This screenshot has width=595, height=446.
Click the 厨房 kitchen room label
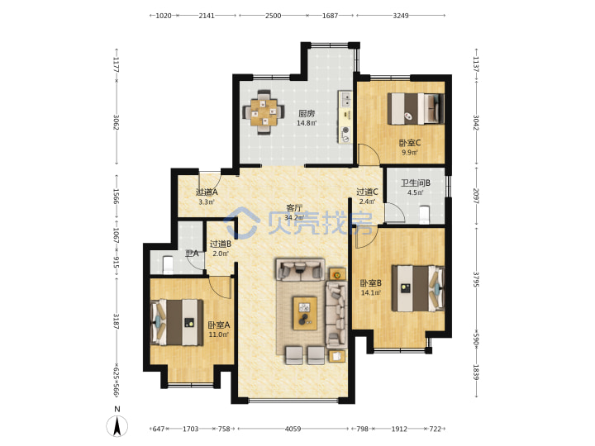[x=307, y=113]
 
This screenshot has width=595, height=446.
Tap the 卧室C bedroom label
[x=409, y=143]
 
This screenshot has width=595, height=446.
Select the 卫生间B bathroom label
[x=416, y=183]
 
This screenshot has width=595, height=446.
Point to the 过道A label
[x=207, y=192]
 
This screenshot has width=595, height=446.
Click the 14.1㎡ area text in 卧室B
[x=371, y=292]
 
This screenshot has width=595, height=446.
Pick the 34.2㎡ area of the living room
[x=294, y=218]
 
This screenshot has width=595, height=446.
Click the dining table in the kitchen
[x=264, y=112]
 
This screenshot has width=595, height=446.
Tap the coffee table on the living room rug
[x=305, y=313]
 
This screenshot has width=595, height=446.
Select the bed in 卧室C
[x=416, y=108]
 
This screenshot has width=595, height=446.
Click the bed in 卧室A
[x=177, y=322]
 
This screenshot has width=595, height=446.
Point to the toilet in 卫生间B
[x=424, y=214]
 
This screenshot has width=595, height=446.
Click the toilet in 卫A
[x=167, y=265]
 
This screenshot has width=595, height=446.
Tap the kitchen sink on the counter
[x=346, y=99]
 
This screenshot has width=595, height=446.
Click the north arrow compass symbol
[x=117, y=426]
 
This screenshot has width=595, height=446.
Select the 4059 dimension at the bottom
[x=293, y=429]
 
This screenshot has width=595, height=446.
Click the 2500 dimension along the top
[x=274, y=16]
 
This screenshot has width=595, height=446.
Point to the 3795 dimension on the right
[x=476, y=279]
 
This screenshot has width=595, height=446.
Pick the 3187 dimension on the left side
[x=117, y=321]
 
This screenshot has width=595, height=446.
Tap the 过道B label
[x=221, y=244]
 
